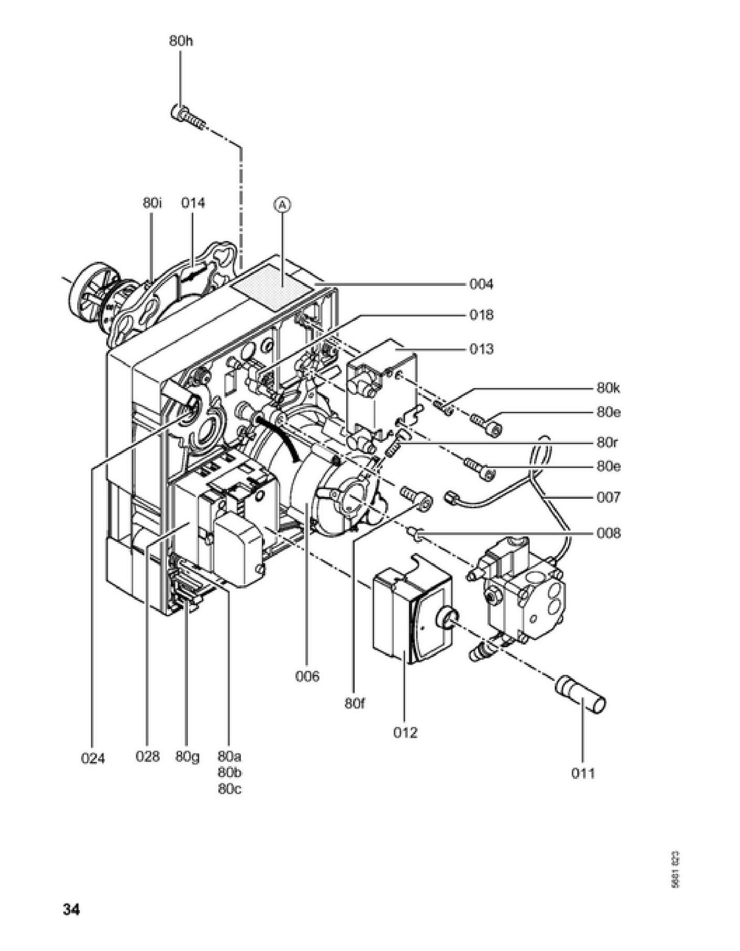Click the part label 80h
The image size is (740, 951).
(181, 41)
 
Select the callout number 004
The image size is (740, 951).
(481, 284)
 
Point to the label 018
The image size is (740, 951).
(481, 315)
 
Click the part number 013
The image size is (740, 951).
(481, 349)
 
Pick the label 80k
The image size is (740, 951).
(608, 388)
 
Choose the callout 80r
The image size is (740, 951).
(607, 442)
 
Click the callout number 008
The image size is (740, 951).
(608, 533)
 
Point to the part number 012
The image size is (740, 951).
(405, 732)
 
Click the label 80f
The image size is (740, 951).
(355, 703)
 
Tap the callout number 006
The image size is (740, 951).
(307, 676)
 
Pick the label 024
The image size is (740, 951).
(93, 758)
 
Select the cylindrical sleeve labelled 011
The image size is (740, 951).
(581, 696)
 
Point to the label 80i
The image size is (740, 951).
(152, 203)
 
